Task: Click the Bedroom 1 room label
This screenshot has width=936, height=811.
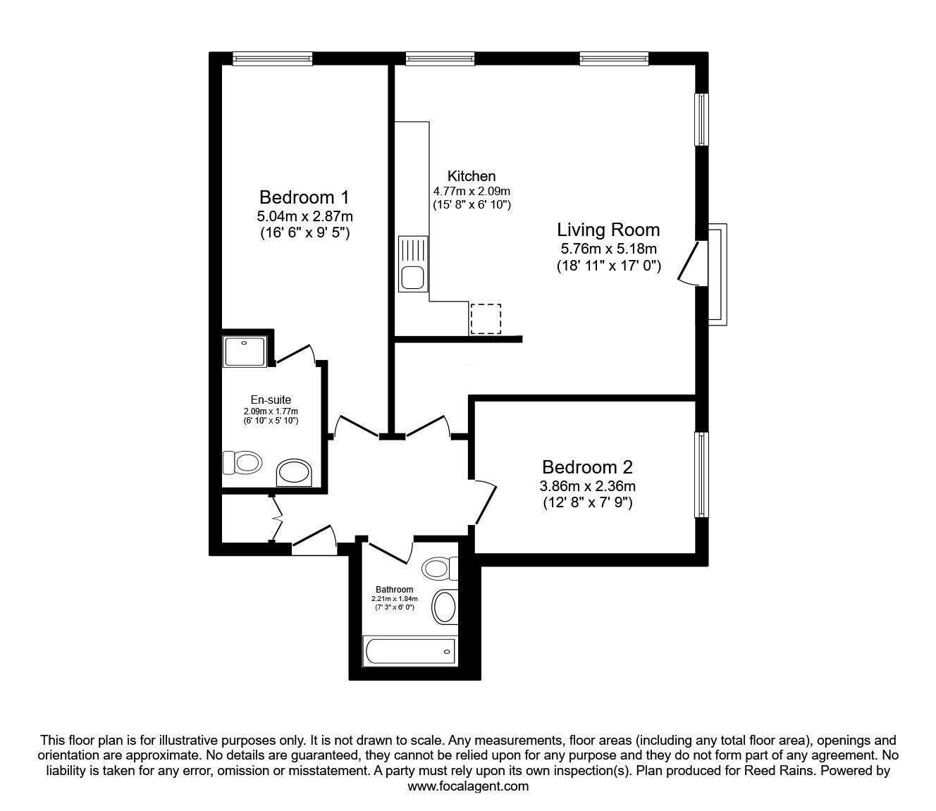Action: coord(304,197)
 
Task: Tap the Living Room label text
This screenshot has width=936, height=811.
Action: coord(608,230)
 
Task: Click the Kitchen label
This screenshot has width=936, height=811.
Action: coord(472,176)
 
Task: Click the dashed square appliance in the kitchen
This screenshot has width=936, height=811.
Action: coord(485,318)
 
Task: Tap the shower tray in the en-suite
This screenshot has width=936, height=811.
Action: coord(245,351)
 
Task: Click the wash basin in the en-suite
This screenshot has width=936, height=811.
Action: coord(294,473)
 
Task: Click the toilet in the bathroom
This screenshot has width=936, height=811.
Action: coord(442,568)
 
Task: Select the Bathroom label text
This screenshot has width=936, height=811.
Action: coord(394,589)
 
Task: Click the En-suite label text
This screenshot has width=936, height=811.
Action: coord(271,400)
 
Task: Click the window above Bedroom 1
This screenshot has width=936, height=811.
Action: coord(272,59)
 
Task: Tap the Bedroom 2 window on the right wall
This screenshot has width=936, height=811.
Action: coord(702,474)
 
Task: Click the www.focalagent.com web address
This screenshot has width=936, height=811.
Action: coord(468,786)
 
